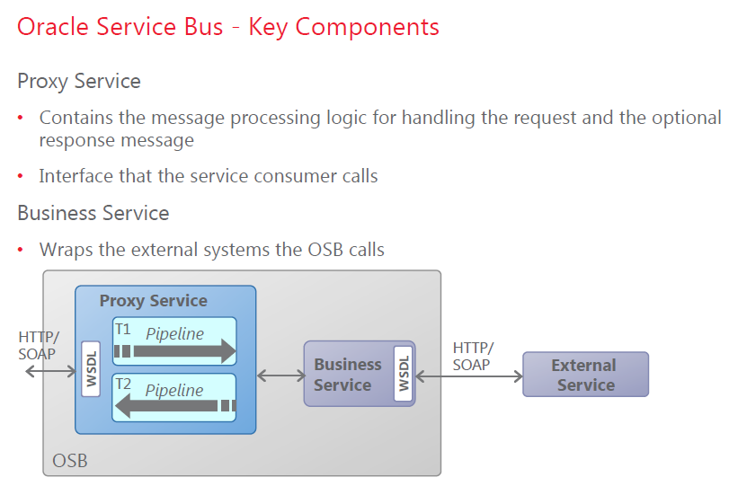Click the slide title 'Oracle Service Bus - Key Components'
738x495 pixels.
click(228, 27)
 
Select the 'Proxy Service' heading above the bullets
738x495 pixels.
click(79, 82)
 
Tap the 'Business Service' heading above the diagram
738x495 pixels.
click(93, 214)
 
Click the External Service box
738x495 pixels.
click(585, 375)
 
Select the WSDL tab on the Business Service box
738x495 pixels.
click(404, 374)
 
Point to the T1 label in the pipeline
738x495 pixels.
click(123, 330)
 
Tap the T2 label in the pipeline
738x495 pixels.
click(123, 385)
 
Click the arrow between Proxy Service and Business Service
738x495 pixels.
click(280, 375)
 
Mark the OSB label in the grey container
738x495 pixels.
click(70, 462)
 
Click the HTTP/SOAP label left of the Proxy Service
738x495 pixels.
click(39, 345)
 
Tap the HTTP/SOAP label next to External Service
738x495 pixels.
click(473, 356)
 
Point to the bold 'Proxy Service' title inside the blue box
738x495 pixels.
click(153, 301)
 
